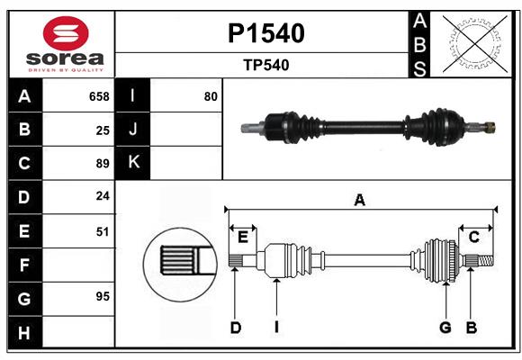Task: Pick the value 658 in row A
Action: coord(99,96)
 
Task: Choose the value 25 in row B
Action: coord(103,130)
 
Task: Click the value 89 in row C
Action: coord(103,164)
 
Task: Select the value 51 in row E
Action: coord(103,231)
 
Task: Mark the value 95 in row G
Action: coord(103,296)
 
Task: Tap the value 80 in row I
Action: coord(211,96)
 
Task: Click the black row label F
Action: coord(24,265)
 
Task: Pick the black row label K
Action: coord(133,163)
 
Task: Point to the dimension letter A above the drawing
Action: coord(360,200)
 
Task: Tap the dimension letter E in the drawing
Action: coord(243,237)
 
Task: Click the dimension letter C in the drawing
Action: coord(473,237)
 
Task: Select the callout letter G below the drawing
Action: coord(445,328)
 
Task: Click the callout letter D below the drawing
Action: coord(235,328)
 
